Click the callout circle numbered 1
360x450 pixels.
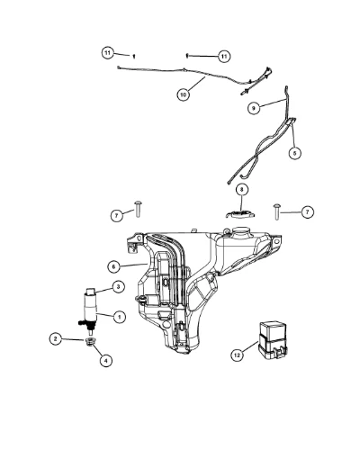pyautogui.click(x=119, y=317)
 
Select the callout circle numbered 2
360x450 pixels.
pyautogui.click(x=55, y=339)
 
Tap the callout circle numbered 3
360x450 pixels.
pyautogui.click(x=118, y=287)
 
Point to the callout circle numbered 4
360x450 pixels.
pyautogui.click(x=105, y=360)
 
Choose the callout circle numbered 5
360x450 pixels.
pyautogui.click(x=294, y=153)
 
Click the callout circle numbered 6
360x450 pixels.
pyautogui.click(x=113, y=266)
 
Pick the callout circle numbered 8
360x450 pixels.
pyautogui.click(x=242, y=190)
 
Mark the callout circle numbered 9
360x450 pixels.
pyautogui.click(x=254, y=108)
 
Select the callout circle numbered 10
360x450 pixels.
pyautogui.click(x=183, y=94)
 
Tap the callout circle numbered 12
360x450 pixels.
pyautogui.click(x=237, y=355)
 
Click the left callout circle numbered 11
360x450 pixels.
pyautogui.click(x=107, y=53)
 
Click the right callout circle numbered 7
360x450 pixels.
pyautogui.click(x=307, y=212)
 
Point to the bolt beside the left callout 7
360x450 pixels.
pyautogui.click(x=138, y=208)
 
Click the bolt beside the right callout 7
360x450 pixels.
pyautogui.click(x=276, y=211)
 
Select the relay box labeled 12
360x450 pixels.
pyautogui.click(x=273, y=340)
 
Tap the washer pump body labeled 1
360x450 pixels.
pyautogui.click(x=89, y=310)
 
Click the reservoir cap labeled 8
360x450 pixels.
pyautogui.click(x=240, y=214)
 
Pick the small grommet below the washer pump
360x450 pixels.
pyautogui.click(x=90, y=341)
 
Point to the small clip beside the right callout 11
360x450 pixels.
pyautogui.click(x=187, y=56)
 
